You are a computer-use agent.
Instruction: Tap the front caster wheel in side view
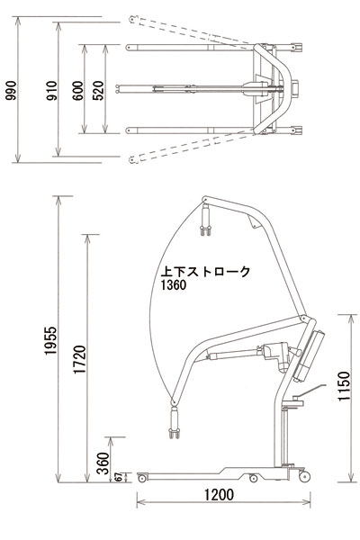click(139, 478)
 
